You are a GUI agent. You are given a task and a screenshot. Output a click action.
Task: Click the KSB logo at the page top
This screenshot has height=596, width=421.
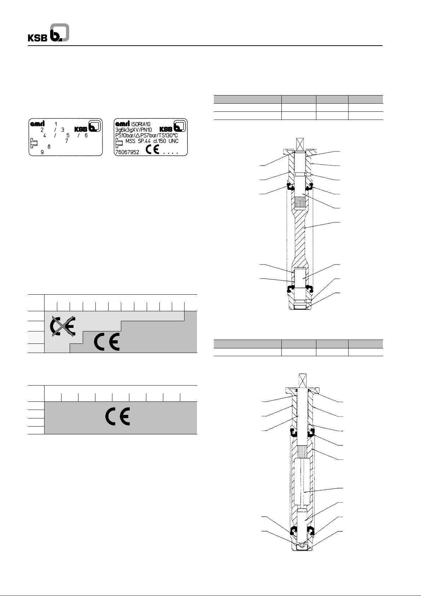point(48,33)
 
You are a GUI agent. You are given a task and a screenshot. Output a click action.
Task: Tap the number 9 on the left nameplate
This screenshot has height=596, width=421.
point(42,152)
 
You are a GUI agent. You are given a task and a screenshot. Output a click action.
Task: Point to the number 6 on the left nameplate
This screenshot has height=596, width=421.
point(86,135)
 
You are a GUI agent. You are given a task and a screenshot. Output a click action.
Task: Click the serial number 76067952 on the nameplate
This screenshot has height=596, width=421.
point(127,152)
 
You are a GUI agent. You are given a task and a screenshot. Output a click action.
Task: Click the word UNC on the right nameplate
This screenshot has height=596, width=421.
point(172,141)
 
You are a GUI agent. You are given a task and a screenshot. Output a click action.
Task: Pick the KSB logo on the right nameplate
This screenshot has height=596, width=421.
point(173,127)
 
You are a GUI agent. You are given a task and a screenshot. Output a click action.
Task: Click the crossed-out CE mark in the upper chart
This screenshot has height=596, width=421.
point(62,326)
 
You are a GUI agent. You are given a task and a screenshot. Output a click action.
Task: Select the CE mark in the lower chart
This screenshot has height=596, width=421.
point(118,417)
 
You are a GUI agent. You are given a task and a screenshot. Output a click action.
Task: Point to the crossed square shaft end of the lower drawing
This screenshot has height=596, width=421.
point(302,381)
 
